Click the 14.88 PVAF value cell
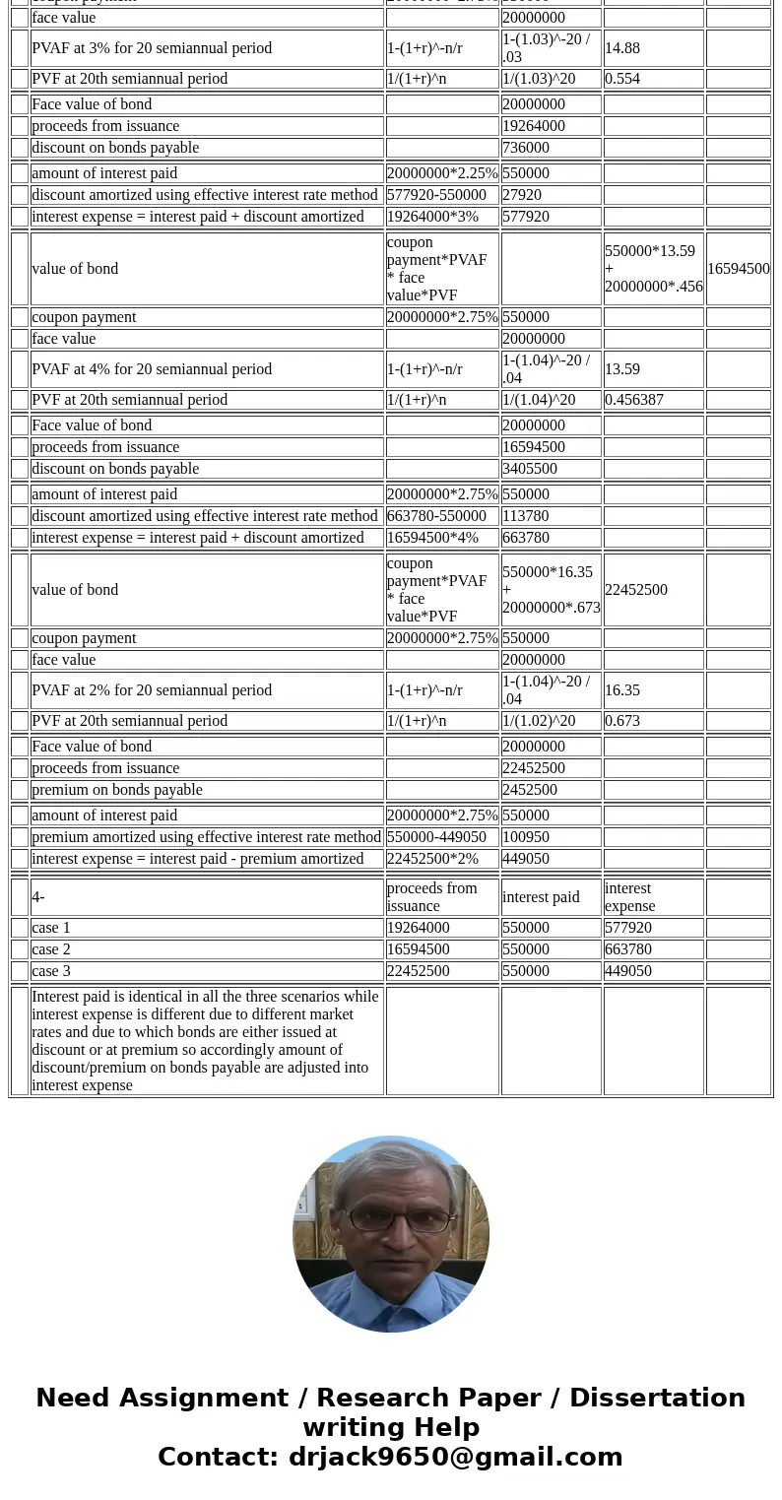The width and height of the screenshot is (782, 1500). point(622,47)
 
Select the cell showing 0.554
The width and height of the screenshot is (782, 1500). point(622,79)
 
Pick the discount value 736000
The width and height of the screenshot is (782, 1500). point(526,148)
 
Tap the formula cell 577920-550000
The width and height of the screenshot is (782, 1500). point(436,195)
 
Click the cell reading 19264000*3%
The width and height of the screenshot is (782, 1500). point(432,217)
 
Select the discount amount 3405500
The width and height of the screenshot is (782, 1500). point(530,469)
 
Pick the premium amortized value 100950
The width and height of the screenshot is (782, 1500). point(526,837)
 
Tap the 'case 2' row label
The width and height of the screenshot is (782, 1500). point(51,949)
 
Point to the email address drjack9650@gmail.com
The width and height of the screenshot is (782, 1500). point(455,1458)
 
